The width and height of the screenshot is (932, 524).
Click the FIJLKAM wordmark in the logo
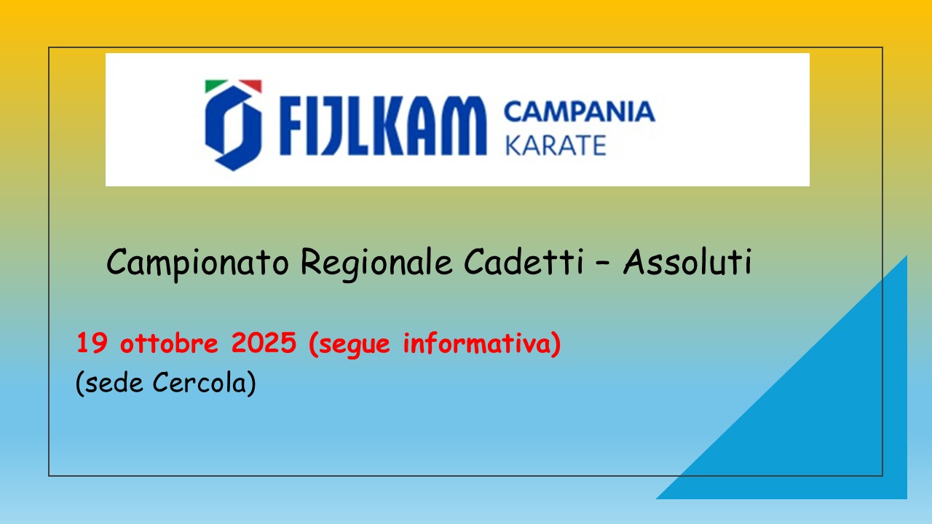(383, 126)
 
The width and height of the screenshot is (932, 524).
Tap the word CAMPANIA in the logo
(580, 111)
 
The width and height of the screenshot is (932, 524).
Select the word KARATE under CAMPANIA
(556, 145)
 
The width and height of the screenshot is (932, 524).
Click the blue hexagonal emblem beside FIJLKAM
(234, 128)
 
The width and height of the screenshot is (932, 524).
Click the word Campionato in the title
(197, 263)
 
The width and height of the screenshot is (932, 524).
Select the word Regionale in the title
(376, 263)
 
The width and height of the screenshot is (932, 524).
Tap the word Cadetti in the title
(524, 261)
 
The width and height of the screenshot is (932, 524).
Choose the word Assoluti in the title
(687, 261)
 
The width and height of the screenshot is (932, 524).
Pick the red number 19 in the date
(92, 343)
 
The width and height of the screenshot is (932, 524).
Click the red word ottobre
(169, 343)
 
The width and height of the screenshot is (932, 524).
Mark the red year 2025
(264, 343)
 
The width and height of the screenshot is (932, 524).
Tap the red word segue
(354, 345)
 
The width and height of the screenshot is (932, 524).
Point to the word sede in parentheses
(113, 383)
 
